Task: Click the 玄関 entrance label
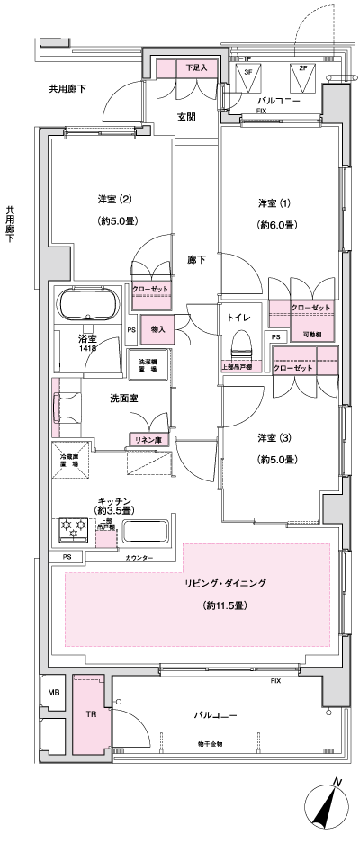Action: pyautogui.click(x=187, y=116)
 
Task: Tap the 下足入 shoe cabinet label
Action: pyautogui.click(x=196, y=67)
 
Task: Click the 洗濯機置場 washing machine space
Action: pyautogui.click(x=148, y=365)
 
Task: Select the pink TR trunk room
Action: pyautogui.click(x=90, y=715)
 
